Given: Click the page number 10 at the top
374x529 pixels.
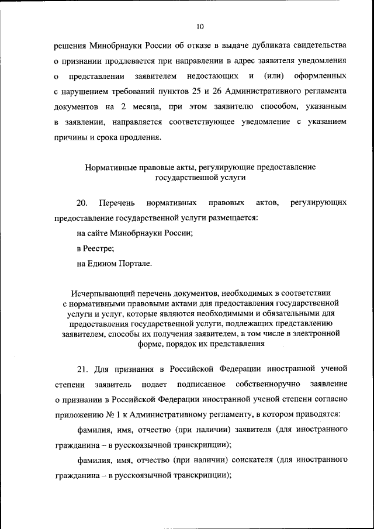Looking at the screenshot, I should coord(200,27).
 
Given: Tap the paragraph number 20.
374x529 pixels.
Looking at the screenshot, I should coord(82,203).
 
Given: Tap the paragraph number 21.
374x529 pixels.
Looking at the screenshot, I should coord(82,368).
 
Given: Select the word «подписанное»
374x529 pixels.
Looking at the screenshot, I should coord(201,383).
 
